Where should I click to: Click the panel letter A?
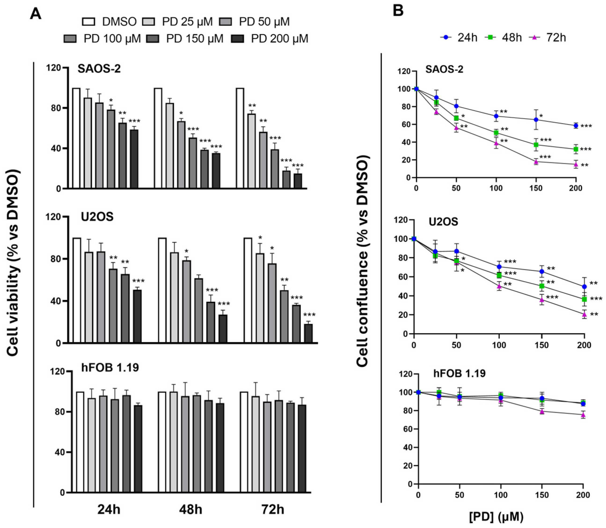pyautogui.click(x=36, y=14)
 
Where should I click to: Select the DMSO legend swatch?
pyautogui.click(x=89, y=22)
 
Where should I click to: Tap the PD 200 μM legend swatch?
pyautogui.click(x=237, y=39)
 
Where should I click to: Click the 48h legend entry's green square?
pyautogui.click(x=490, y=37)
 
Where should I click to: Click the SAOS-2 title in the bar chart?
pyautogui.click(x=99, y=69)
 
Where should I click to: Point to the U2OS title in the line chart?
pyautogui.click(x=443, y=222)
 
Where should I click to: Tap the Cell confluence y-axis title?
pyautogui.click(x=362, y=261)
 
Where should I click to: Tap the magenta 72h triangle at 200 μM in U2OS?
pyautogui.click(x=584, y=315)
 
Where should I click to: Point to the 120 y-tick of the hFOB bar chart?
pyautogui.click(x=57, y=372)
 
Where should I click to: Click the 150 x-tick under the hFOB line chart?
pyautogui.click(x=542, y=495)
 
